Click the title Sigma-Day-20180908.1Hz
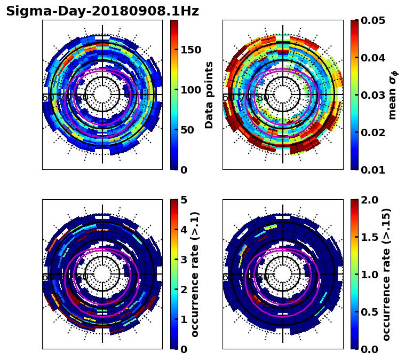[x=102, y=11]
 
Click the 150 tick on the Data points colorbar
[x=191, y=50]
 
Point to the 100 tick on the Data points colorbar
[x=191, y=90]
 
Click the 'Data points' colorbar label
[x=209, y=95]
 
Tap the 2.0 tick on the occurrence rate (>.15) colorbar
[x=368, y=200]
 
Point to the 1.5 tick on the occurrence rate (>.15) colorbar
[x=368, y=237]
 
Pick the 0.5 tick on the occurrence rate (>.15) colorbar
[x=368, y=312]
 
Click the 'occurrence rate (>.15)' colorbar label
[x=386, y=274]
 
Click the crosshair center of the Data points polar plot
[x=102, y=95]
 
